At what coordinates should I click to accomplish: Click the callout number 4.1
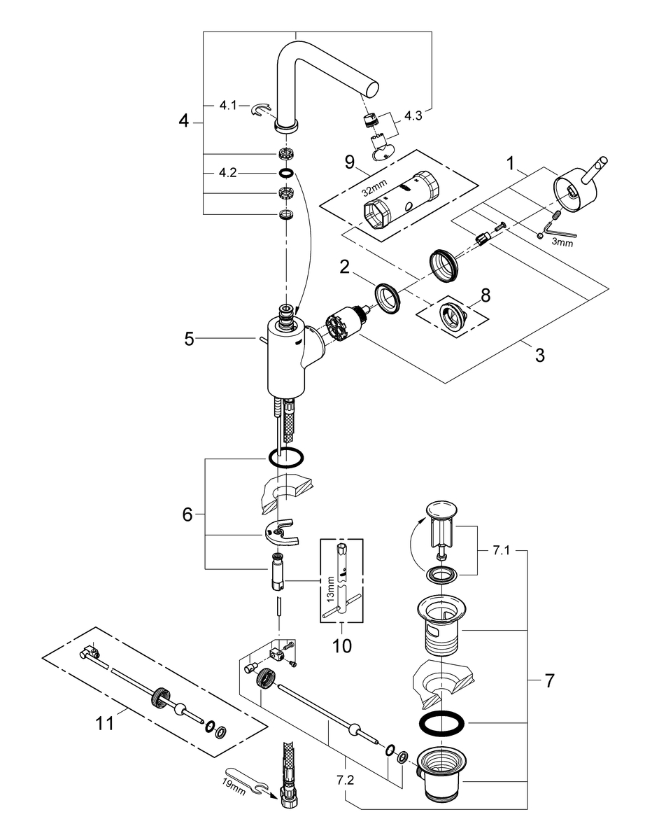(x=228, y=106)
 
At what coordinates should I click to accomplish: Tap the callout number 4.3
(x=413, y=115)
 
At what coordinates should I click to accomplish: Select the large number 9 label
(x=350, y=162)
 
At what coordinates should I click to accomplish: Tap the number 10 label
(x=342, y=645)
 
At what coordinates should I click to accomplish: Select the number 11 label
(x=105, y=723)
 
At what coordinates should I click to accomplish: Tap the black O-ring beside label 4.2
(x=286, y=173)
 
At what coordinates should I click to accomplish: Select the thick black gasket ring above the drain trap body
(x=441, y=723)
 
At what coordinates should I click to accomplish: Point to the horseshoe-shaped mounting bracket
(x=280, y=533)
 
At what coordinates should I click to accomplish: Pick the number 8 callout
(x=486, y=295)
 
